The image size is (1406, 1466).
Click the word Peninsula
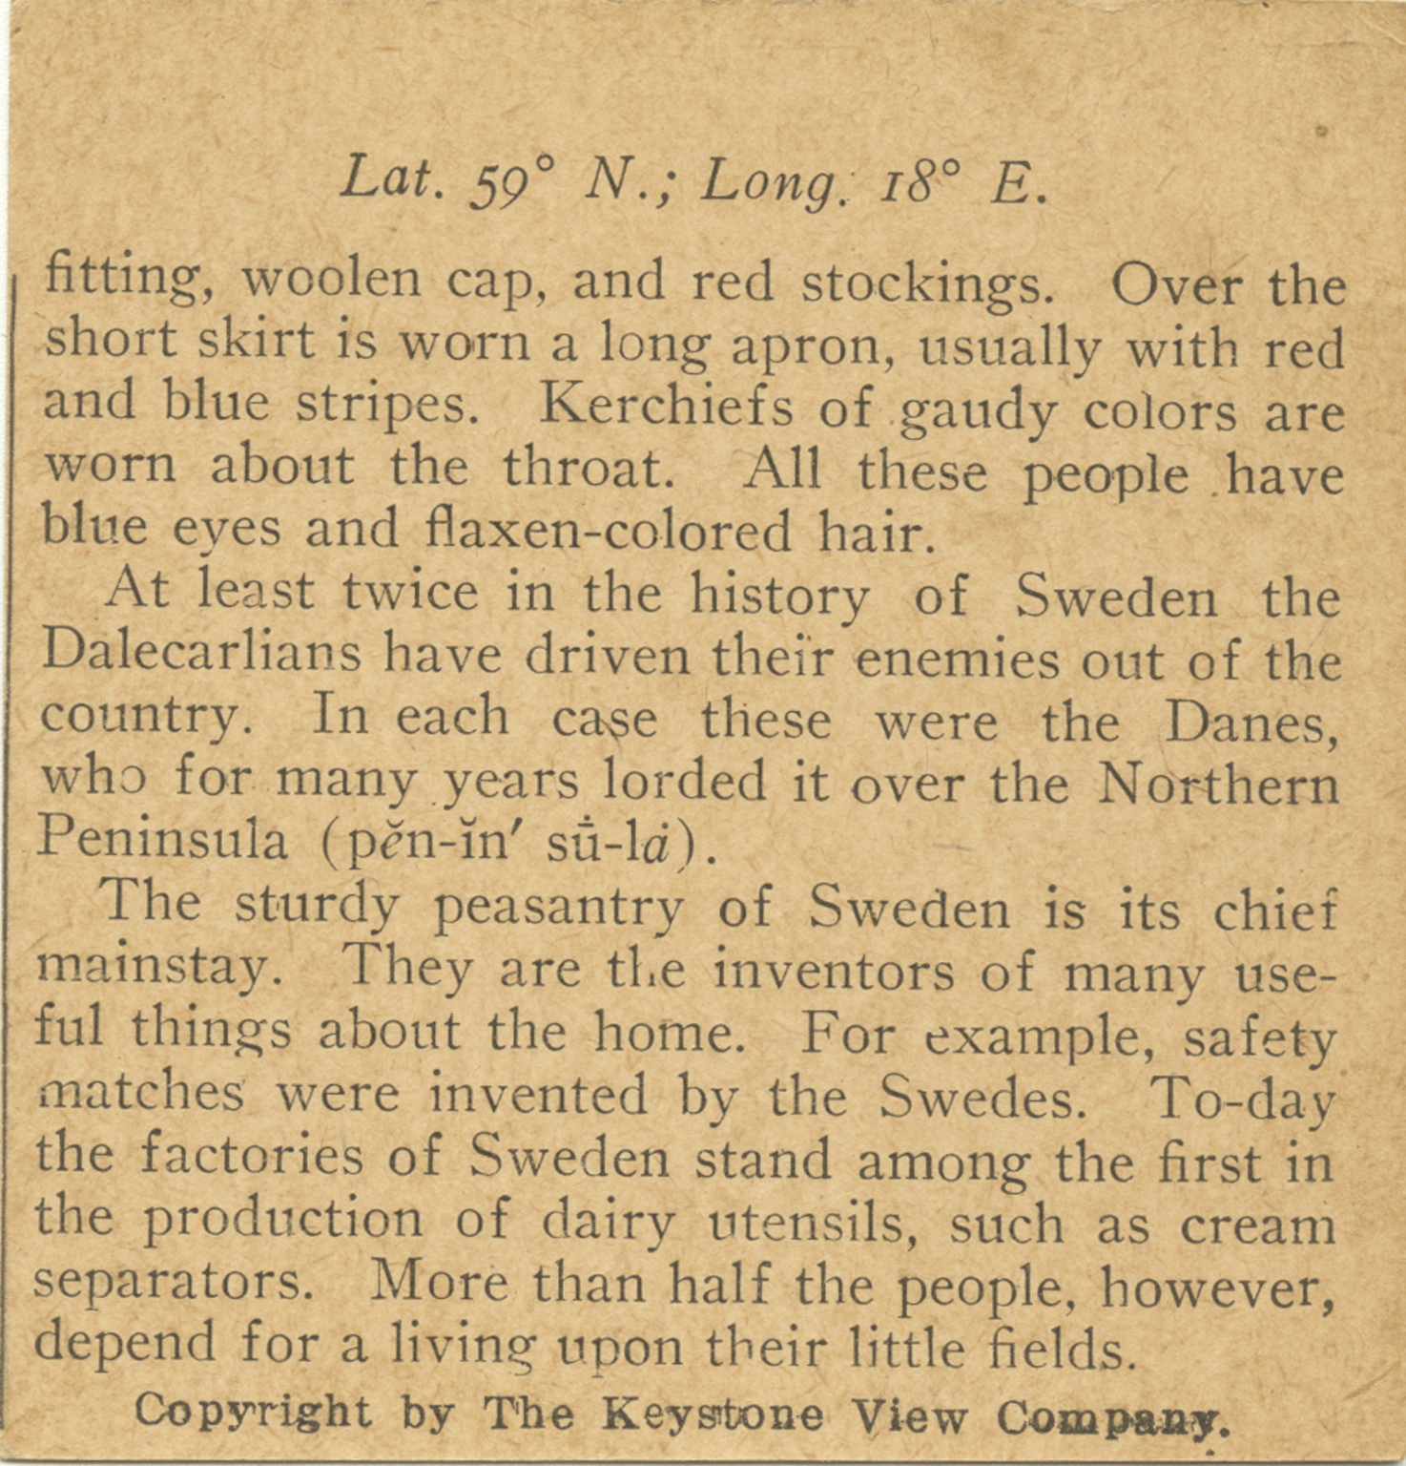[x=162, y=840]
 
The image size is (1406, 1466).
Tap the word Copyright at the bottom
[x=253, y=1410]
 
